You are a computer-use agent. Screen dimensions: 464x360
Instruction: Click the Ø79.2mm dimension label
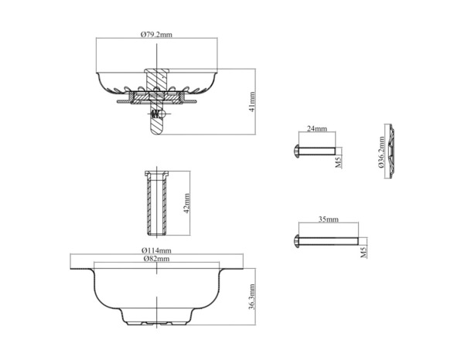[x=156, y=35]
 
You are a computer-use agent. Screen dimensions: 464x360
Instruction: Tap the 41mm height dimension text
[x=252, y=102]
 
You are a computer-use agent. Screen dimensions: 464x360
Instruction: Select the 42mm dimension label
[x=186, y=203]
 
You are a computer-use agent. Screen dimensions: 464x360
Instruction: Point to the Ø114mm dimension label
[x=156, y=250]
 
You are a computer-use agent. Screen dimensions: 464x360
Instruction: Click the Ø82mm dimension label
[x=156, y=259]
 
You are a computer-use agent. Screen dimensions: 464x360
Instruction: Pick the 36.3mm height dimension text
[x=252, y=297]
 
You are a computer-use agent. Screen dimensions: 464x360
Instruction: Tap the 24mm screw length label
[x=317, y=128]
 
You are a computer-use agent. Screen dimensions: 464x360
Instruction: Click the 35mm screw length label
[x=328, y=219]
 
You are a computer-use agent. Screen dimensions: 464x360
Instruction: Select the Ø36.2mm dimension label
[x=381, y=152]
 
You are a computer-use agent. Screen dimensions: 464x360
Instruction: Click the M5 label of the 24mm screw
[x=339, y=162]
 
